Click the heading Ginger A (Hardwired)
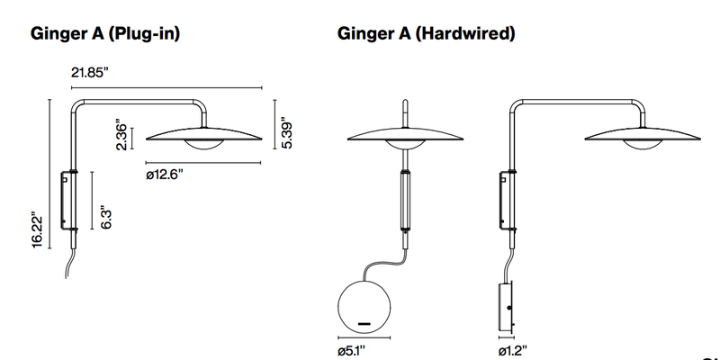tap(426, 34)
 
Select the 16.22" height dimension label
tap(37, 231)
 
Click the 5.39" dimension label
tap(286, 134)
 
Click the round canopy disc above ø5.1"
tap(364, 305)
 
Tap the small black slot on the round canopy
tap(364, 322)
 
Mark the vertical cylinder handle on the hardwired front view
tap(405, 202)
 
